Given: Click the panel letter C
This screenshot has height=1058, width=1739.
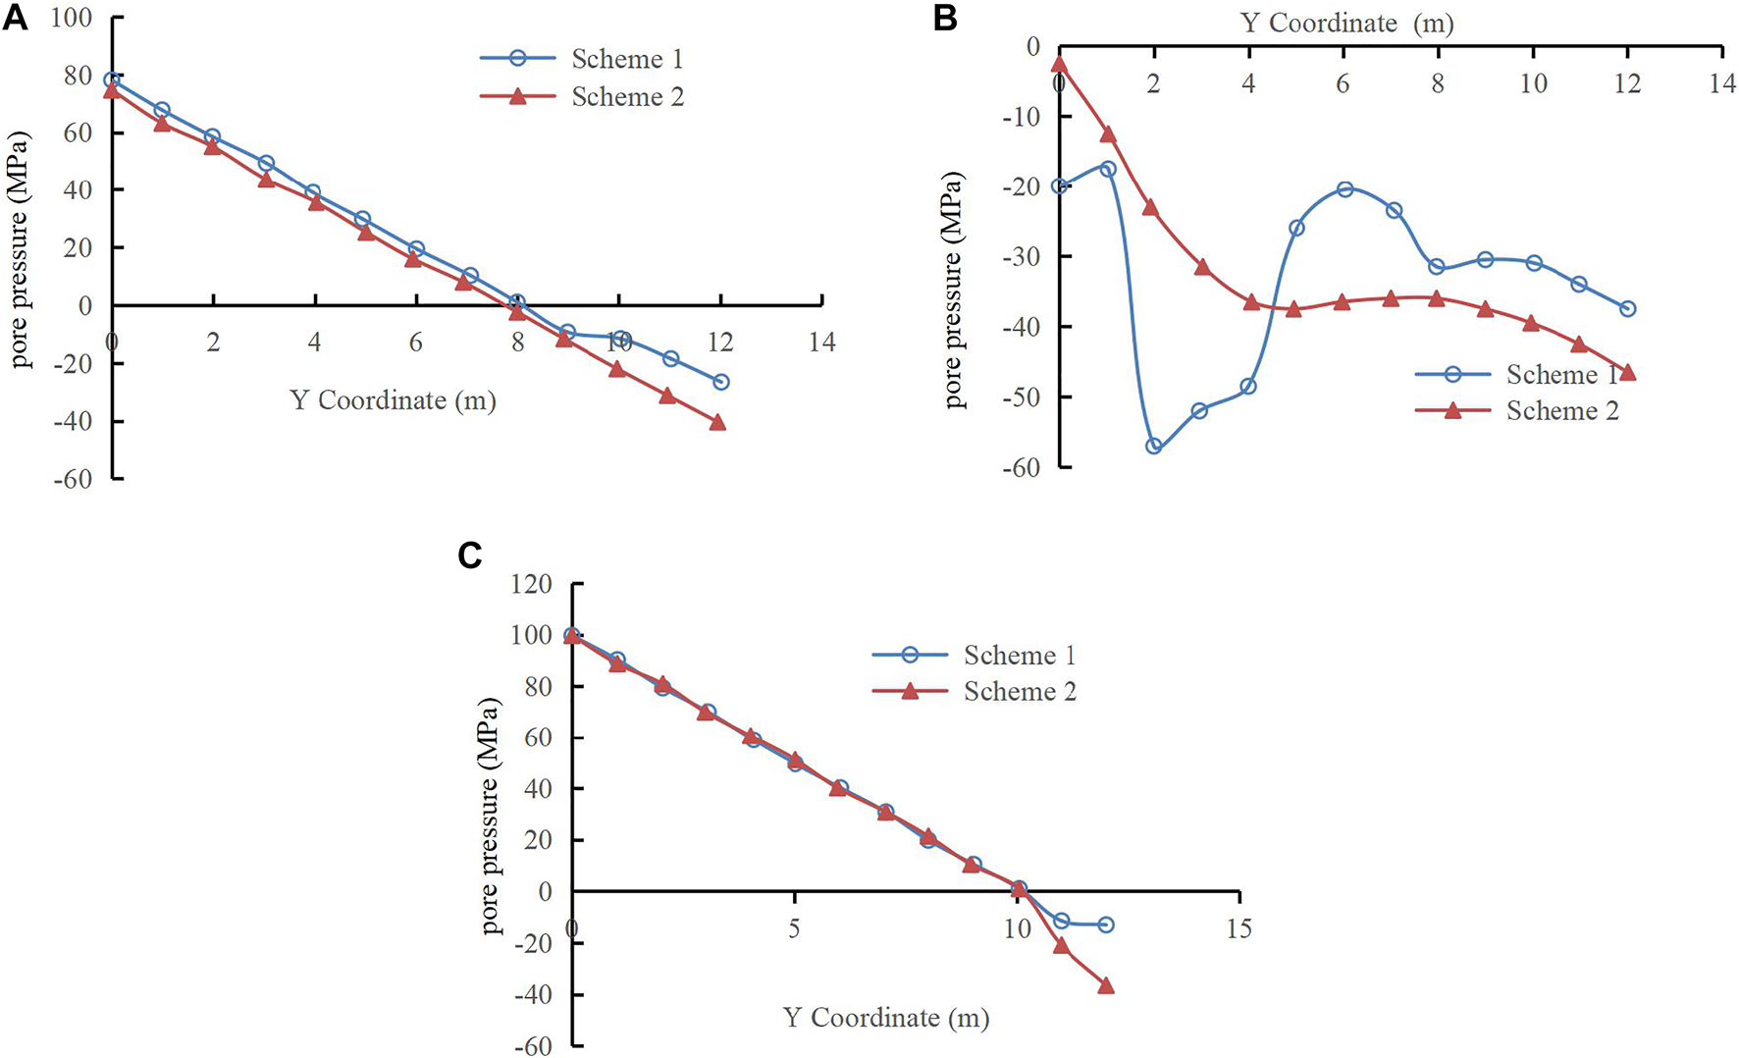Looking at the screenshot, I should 470,556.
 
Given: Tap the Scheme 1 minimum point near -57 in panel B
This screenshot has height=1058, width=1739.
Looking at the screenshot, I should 1153,446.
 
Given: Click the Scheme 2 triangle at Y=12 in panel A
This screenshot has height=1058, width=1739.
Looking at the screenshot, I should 717,422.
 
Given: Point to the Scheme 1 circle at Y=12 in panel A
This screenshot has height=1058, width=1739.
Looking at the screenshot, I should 721,382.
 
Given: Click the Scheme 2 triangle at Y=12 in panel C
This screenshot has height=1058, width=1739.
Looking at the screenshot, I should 1106,985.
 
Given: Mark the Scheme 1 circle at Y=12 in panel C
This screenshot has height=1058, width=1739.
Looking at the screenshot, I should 1106,925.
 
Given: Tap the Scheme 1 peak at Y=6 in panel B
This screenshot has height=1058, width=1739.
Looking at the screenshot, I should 1344,189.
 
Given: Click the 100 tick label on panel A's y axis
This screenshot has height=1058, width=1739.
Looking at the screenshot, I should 71,19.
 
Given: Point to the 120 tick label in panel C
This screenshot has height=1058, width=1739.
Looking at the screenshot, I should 533,585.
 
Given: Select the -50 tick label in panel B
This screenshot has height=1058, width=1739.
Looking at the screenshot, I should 1021,397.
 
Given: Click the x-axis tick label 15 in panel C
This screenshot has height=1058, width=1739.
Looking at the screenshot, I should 1238,928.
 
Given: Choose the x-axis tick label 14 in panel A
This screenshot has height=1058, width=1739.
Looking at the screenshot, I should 821,343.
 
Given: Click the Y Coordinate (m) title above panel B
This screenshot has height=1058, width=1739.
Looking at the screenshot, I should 1346,23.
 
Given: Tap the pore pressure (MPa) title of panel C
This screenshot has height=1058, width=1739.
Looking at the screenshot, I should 492,815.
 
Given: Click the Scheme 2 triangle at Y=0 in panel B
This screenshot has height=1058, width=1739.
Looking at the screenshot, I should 1059,64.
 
